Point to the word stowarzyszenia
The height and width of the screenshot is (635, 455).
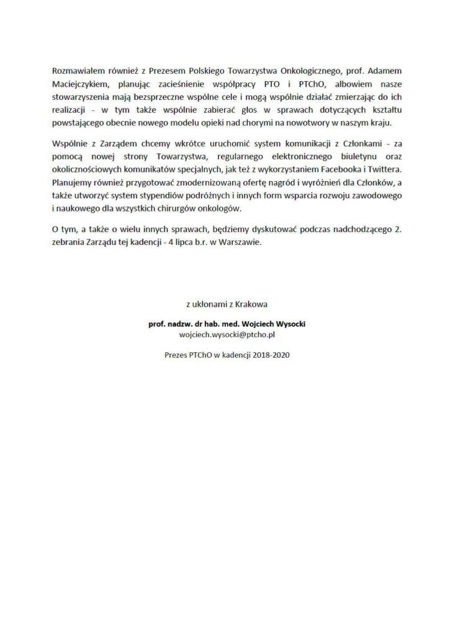point(81,96)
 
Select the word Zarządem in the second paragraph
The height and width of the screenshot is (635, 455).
point(113,144)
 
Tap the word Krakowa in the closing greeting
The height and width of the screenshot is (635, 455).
point(255,304)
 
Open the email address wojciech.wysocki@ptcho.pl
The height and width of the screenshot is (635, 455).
point(227,334)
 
